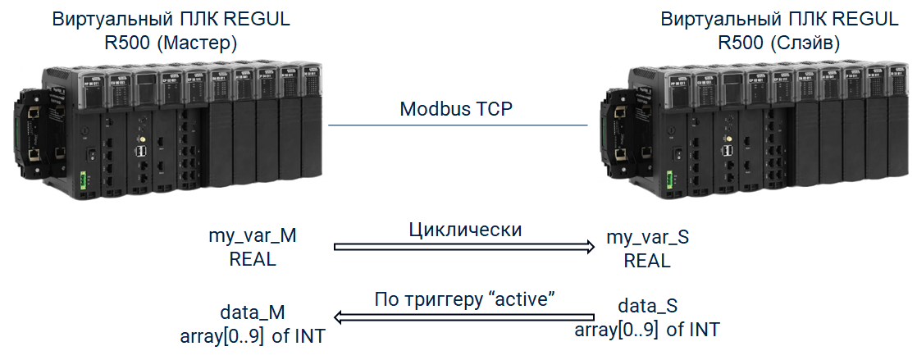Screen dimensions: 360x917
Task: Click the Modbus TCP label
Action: click(x=456, y=109)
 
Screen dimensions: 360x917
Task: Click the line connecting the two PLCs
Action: click(x=458, y=125)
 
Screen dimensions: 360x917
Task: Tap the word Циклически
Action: click(x=465, y=230)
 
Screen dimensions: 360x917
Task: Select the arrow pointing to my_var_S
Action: click(x=464, y=247)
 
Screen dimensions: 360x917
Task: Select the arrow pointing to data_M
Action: click(x=464, y=316)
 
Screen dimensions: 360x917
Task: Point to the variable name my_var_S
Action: click(x=647, y=239)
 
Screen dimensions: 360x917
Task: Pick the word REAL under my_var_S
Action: click(x=647, y=261)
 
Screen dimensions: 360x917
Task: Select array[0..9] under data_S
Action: click(x=616, y=330)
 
